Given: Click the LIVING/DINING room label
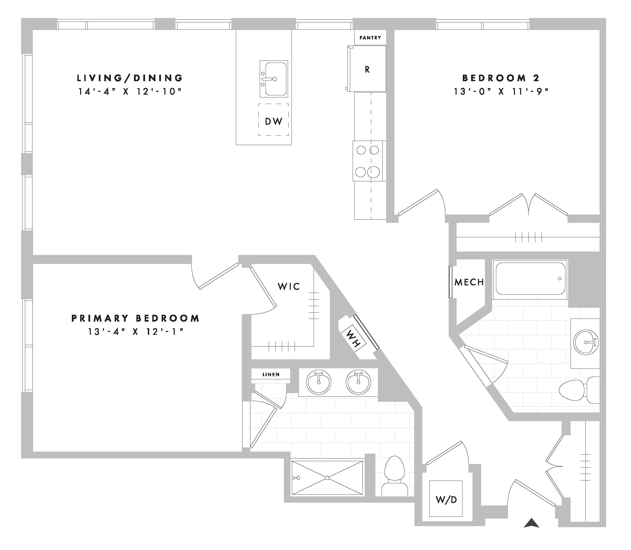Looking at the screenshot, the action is (130, 78).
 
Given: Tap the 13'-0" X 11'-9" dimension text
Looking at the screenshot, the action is (501, 92).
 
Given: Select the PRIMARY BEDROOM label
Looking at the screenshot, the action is (135, 318).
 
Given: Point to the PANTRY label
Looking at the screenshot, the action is (370, 38).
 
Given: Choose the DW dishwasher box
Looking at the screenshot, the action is (274, 120).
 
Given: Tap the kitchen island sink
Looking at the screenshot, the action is (274, 79).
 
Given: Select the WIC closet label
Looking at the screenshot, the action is (289, 286).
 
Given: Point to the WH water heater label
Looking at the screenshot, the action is (353, 338).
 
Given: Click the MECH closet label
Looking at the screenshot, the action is (469, 282).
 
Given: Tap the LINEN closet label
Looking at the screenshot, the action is (271, 374).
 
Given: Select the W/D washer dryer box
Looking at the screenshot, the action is (446, 499).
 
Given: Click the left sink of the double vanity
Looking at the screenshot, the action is (318, 382).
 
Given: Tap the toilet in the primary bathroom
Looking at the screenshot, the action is (394, 476).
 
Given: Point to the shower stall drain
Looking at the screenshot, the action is (327, 478).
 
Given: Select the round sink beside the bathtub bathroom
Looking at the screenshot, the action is (586, 342).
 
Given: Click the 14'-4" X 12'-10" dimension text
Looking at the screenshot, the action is (130, 92).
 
